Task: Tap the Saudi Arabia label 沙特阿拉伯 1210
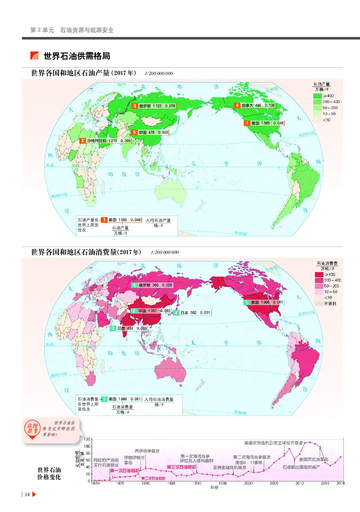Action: tap(106, 141)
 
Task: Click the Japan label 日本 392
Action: tap(193, 313)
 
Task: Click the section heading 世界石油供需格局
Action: tap(76, 56)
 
